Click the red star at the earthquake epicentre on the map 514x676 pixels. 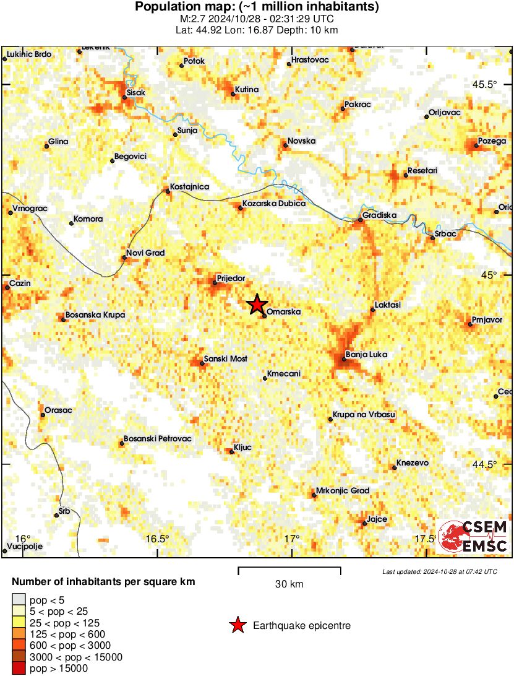pyautogui.click(x=257, y=305)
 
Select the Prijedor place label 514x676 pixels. pyautogui.click(x=231, y=278)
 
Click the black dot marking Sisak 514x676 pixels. pyautogui.click(x=124, y=97)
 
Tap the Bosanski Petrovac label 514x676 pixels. pyautogui.click(x=158, y=439)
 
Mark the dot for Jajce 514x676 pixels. pyautogui.click(x=364, y=524)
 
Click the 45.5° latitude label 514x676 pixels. pyautogui.click(x=485, y=84)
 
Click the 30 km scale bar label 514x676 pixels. pyautogui.click(x=289, y=584)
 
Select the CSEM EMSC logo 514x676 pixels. pyautogui.click(x=473, y=537)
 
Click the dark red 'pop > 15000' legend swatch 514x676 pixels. pyautogui.click(x=20, y=668)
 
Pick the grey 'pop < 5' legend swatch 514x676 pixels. pyautogui.click(x=20, y=599)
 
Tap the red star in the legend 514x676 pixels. pyautogui.click(x=237, y=626)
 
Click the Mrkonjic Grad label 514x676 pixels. pyautogui.click(x=343, y=491)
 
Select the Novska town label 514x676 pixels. pyautogui.click(x=302, y=141)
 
